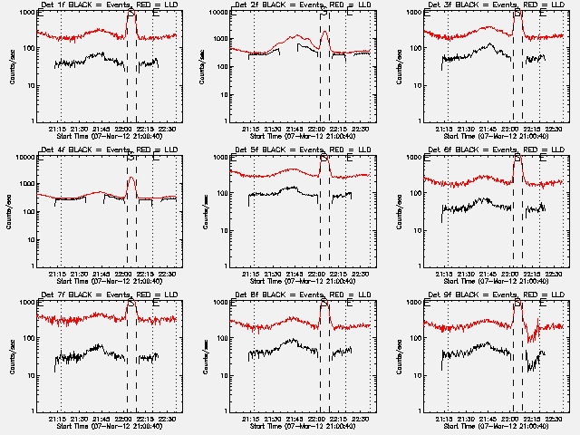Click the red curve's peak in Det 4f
click(x=131, y=178)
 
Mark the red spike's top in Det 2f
click(x=324, y=31)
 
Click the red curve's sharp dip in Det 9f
click(x=529, y=340)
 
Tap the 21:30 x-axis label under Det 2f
click(x=272, y=129)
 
